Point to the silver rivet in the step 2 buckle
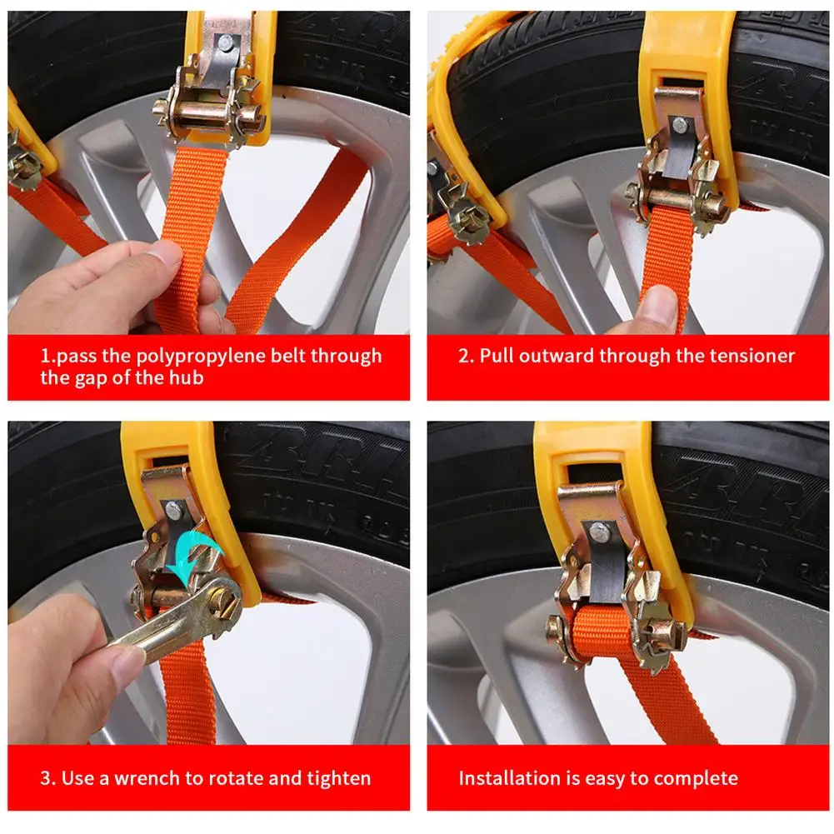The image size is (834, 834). click(x=680, y=126)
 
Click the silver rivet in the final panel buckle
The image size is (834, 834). click(x=599, y=530)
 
